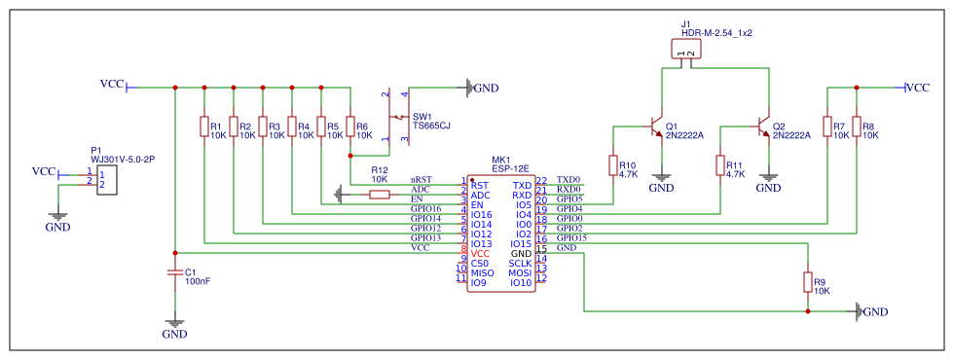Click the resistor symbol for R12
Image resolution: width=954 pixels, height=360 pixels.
[380, 195]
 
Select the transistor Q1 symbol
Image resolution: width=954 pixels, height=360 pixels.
[657, 126]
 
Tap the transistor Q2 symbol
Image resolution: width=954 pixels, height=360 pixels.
[764, 126]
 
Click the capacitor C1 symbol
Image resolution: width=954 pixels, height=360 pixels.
[175, 273]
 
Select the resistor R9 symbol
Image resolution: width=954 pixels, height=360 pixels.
[808, 282]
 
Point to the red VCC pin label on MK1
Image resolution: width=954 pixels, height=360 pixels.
[480, 253]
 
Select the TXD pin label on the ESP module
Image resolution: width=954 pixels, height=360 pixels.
[523, 185]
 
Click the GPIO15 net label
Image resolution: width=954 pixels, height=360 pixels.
[571, 237]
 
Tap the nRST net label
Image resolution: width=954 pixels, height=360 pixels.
[421, 180]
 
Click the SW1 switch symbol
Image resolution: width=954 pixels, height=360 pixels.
[398, 119]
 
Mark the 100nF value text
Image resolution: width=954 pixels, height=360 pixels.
[198, 281]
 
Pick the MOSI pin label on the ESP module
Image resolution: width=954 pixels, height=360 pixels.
[520, 272]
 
